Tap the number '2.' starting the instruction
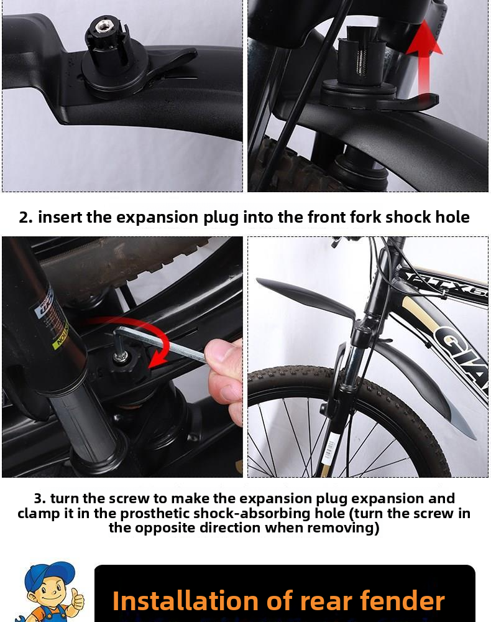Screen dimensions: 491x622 tap(26, 217)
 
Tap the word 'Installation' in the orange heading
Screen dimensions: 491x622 tap(185, 601)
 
